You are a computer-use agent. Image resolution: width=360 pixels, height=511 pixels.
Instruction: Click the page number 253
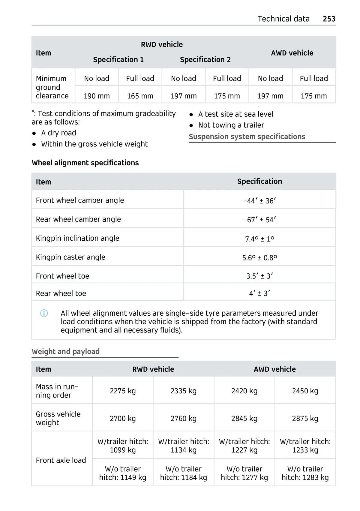329,19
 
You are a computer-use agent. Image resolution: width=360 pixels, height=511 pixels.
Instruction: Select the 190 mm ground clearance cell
97,96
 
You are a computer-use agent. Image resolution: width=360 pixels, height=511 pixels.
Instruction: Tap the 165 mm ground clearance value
140,96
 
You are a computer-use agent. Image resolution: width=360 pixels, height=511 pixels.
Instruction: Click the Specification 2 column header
205,60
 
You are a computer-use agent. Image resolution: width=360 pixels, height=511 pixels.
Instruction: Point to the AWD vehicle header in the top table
292,53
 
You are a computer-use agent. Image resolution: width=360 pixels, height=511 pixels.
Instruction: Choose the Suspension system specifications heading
247,137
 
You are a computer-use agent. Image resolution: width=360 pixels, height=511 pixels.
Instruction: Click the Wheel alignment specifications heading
85,163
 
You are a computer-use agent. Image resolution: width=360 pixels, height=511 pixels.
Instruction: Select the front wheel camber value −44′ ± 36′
259,201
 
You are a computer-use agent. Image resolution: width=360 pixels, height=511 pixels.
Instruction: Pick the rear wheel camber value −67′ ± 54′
259,220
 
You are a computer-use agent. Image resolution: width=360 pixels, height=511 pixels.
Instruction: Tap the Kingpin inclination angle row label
77,238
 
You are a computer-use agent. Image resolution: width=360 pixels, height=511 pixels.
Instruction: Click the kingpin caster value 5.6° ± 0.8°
259,258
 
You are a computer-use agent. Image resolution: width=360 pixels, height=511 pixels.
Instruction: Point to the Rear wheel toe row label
61,293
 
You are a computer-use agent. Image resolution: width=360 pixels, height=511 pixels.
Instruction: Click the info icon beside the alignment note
44,314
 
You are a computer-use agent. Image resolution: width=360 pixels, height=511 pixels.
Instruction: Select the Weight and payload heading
66,351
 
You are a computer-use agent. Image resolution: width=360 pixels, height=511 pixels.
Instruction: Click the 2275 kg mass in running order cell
123,391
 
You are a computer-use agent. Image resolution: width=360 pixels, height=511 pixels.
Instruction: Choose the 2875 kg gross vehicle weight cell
305,419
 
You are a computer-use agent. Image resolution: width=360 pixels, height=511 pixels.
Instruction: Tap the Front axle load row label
61,460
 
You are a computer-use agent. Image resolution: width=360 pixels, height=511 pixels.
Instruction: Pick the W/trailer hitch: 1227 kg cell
244,446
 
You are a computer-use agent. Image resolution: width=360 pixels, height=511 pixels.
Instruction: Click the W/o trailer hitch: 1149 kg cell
123,473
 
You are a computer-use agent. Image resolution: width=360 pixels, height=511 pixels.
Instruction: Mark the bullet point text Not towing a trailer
231,125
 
